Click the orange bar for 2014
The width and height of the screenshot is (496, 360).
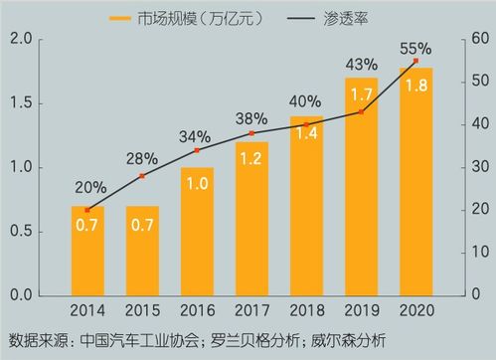[87, 251]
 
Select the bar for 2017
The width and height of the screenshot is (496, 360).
[251, 219]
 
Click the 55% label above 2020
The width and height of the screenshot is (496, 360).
[415, 47]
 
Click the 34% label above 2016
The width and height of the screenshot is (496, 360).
[196, 135]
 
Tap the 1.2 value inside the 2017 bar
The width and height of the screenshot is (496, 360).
[251, 158]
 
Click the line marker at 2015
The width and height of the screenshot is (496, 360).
[142, 176]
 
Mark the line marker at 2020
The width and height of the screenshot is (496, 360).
[415, 61]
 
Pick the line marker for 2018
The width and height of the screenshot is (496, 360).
[306, 124]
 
